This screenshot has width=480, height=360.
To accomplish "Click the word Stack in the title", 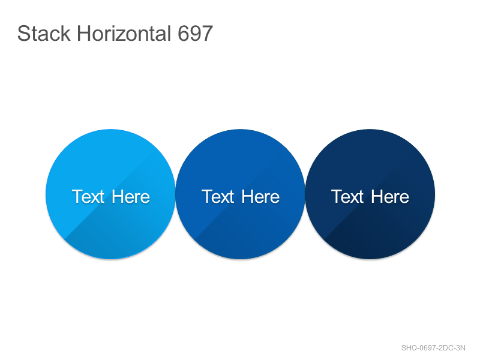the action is pyautogui.click(x=44, y=34).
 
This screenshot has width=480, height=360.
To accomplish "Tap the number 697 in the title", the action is pyautogui.click(x=195, y=34).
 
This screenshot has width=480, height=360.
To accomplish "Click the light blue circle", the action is pyautogui.click(x=110, y=194).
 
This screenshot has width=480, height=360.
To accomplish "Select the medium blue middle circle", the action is pyautogui.click(x=241, y=194).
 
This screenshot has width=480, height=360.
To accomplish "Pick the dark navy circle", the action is pyautogui.click(x=370, y=194).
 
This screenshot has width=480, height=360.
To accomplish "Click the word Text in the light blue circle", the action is pyautogui.click(x=88, y=197).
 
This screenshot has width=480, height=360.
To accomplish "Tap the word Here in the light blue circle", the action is pyautogui.click(x=131, y=197).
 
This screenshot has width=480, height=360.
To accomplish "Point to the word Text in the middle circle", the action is pyautogui.click(x=218, y=197).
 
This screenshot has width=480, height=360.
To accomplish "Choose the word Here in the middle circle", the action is pyautogui.click(x=260, y=197).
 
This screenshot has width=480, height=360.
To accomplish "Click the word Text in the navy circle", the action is pyautogui.click(x=347, y=197).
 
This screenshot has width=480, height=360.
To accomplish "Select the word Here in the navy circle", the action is pyautogui.click(x=390, y=197).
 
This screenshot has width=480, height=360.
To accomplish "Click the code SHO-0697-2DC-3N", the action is pyautogui.click(x=433, y=348).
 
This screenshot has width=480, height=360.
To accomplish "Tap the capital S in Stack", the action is pyautogui.click(x=23, y=34).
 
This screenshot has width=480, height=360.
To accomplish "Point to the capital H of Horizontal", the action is pyautogui.click(x=83, y=34).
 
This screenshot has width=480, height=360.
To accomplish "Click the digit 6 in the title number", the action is pyautogui.click(x=184, y=34).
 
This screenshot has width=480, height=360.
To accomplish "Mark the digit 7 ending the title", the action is pyautogui.click(x=207, y=34).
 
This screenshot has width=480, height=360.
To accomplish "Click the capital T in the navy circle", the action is pyautogui.click(x=337, y=197).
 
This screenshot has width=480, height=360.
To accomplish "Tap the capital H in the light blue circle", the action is pyautogui.click(x=118, y=197).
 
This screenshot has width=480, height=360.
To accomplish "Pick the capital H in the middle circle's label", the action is pyautogui.click(x=248, y=197).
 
